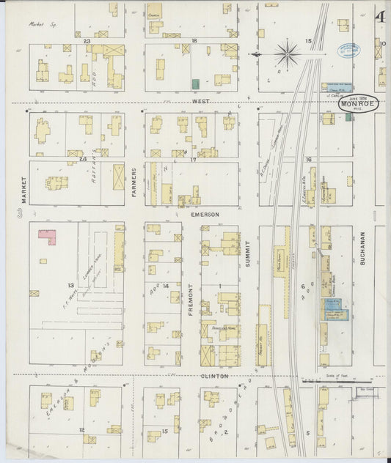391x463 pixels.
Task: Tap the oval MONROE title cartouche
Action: point(359,104)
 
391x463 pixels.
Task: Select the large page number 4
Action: point(381,17)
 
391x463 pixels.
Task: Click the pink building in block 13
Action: point(48,237)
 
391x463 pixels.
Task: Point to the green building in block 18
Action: point(196,84)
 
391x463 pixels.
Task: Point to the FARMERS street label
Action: point(134,181)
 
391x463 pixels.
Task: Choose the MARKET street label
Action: point(23,189)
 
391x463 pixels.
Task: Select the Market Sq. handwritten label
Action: point(43,23)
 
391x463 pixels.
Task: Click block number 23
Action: point(87,41)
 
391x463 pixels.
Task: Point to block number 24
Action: point(83,158)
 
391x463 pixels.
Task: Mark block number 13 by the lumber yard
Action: point(71,285)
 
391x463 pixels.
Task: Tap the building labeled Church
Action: point(154,14)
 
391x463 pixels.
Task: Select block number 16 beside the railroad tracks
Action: point(309,159)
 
